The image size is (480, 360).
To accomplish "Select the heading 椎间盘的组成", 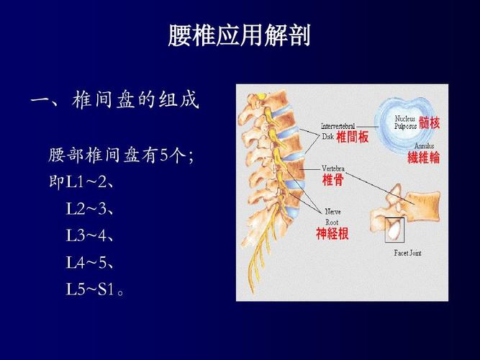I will pos(135,100).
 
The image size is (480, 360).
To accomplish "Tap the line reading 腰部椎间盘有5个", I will pos(119,155).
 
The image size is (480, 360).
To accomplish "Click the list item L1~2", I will pos(90,182).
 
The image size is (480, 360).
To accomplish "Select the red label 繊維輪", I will pos(423,158).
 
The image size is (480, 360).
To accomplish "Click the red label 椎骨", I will pos(332,180).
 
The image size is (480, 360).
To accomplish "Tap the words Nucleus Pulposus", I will pos(406,122).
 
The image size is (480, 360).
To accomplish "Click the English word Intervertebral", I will pos(338,126).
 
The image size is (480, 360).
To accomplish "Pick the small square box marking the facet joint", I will pos(394,230).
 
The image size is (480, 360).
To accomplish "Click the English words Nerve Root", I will pos(332,217).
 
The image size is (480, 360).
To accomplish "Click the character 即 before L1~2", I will pos(56,182).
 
